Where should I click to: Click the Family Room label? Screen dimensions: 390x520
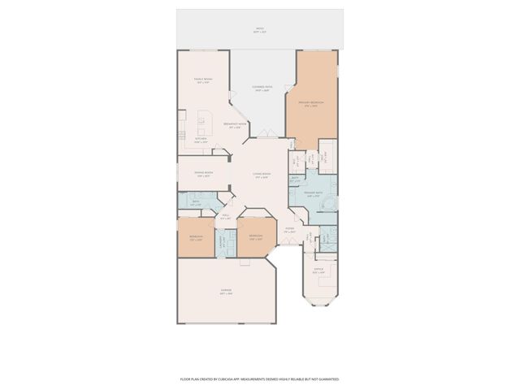click(202, 80)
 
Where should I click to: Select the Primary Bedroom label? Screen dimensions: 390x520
click(311, 103)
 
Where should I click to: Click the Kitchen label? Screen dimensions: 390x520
click(201, 140)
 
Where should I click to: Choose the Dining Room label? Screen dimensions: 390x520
click(203, 174)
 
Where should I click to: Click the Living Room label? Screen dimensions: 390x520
click(261, 175)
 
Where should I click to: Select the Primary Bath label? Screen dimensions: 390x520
click(314, 194)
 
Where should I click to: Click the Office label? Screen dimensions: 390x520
click(318, 270)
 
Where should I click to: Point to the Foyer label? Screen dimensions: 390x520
click(288, 231)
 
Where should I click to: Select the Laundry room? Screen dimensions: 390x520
click(223, 240)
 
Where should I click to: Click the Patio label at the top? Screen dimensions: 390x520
click(260, 32)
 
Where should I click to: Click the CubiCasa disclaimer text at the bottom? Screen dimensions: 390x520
click(260, 379)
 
